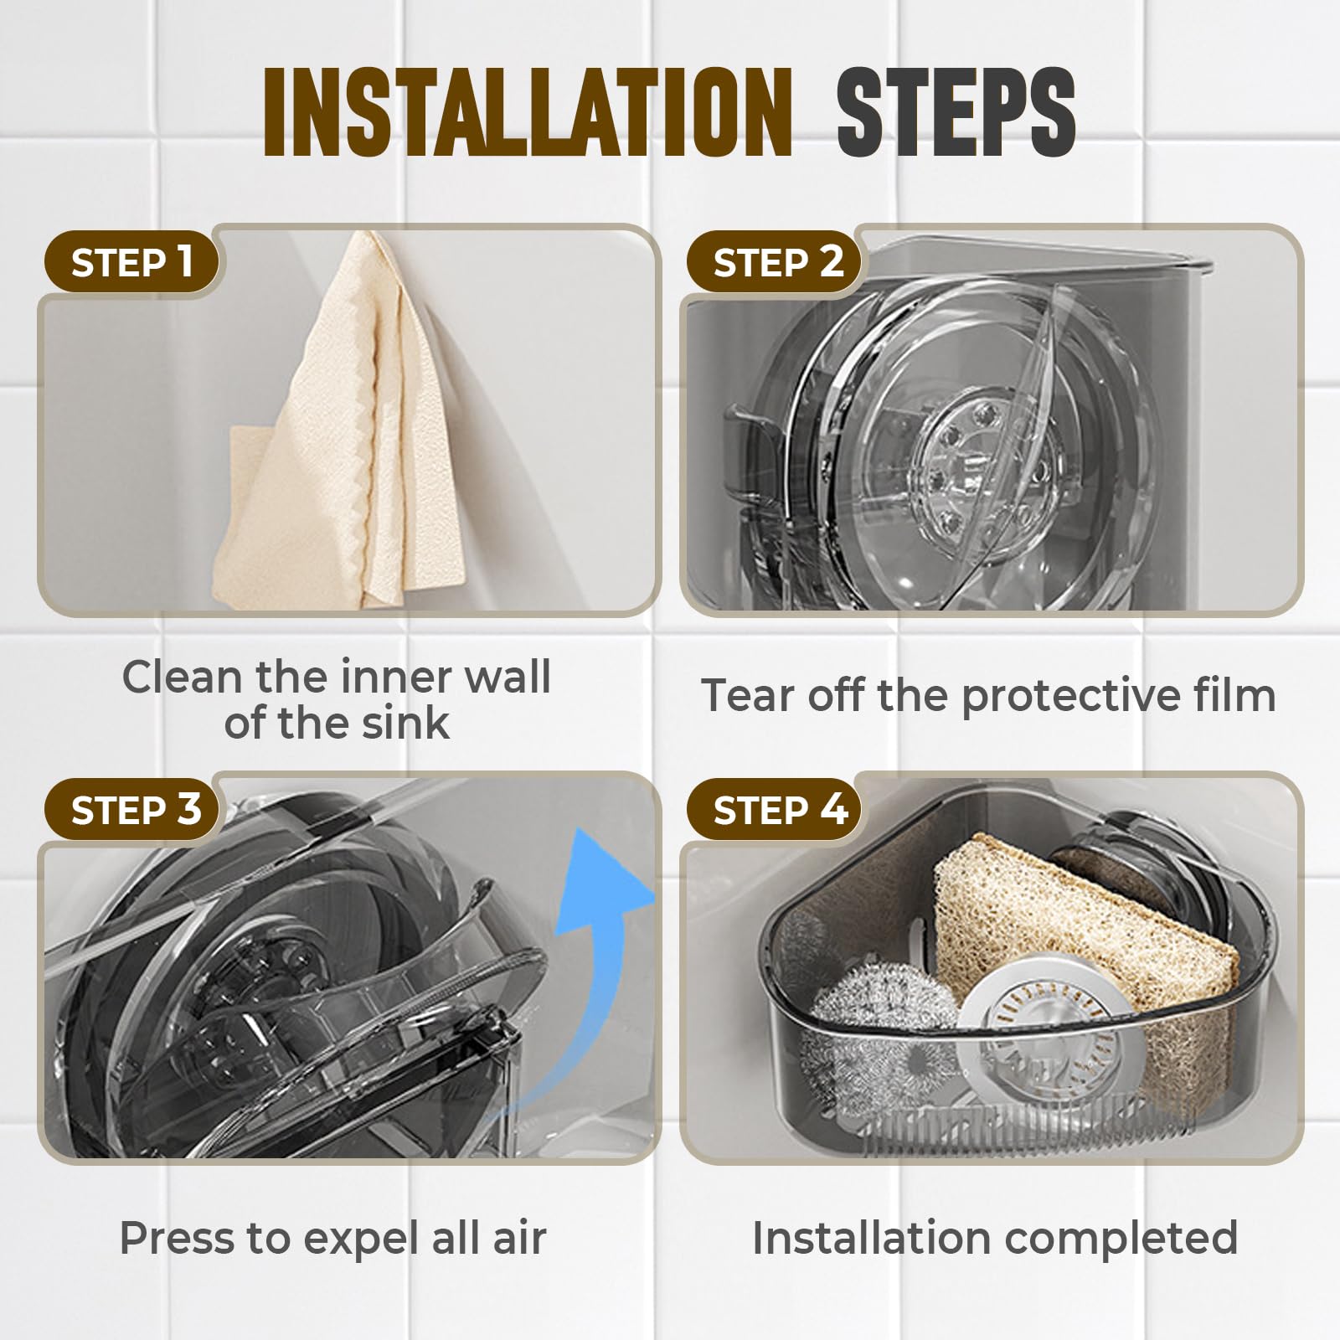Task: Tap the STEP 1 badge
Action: click(131, 262)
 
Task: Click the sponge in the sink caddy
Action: click(1080, 988)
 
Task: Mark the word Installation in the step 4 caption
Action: click(868, 1239)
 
